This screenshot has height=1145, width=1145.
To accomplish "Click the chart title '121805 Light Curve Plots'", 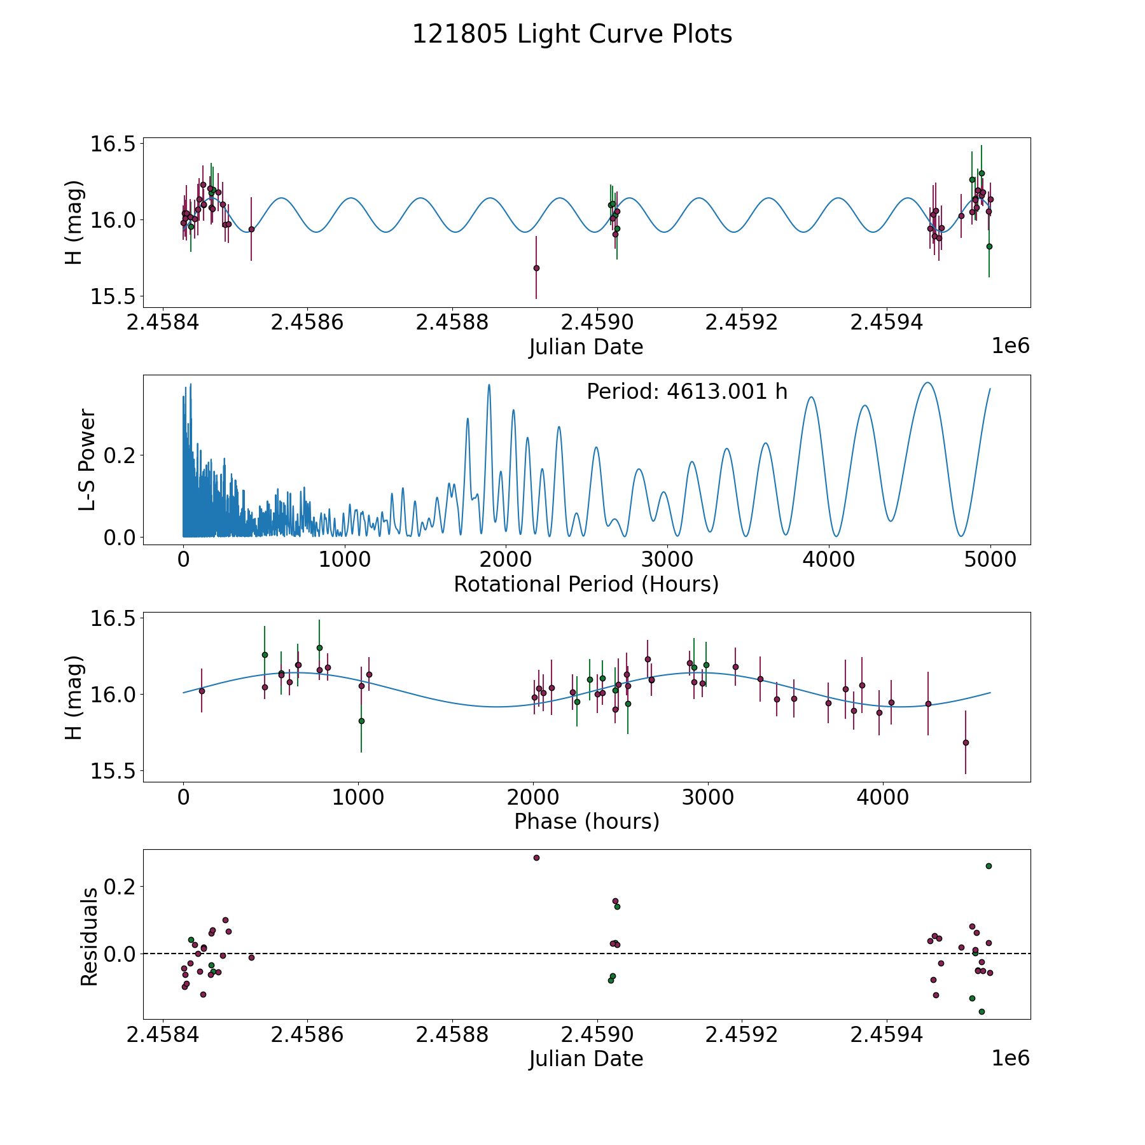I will (x=572, y=34).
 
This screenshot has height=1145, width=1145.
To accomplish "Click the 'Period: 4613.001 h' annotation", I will (x=687, y=392).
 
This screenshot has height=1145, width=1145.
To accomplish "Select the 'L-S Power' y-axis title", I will (x=88, y=460).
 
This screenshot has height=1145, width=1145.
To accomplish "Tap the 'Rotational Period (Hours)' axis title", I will (x=586, y=584).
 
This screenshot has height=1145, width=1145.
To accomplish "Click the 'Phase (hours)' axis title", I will (x=586, y=821).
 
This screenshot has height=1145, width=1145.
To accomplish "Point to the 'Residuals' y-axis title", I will (x=89, y=937).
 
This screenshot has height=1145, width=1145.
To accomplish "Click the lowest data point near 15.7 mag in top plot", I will (x=536, y=268).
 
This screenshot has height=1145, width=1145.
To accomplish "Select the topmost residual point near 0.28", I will (x=536, y=857).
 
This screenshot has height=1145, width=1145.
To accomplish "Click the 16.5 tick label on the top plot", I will (x=113, y=144).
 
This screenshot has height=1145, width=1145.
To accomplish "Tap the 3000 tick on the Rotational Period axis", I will (x=667, y=560).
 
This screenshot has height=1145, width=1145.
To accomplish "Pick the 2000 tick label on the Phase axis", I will (x=533, y=798).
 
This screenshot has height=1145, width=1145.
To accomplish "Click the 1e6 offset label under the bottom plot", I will (x=1010, y=1058).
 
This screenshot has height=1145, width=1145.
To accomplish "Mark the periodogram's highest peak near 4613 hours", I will (x=928, y=382).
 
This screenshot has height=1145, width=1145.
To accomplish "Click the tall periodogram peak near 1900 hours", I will (x=489, y=384).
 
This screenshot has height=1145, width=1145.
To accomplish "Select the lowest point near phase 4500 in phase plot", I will (x=965, y=742).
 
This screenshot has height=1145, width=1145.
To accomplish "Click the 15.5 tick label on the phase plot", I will (x=113, y=771).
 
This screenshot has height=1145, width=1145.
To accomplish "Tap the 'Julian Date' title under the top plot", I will (x=586, y=347).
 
